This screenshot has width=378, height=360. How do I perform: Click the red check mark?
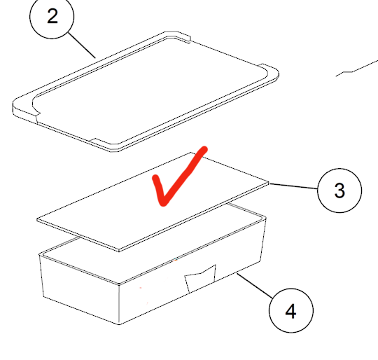point(179,176)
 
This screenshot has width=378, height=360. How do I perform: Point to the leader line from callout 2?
point(82,46)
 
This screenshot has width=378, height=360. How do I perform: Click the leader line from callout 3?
point(293,186)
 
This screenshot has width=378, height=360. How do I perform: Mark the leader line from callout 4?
point(255,286)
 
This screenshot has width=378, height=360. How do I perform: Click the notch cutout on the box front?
point(201,278)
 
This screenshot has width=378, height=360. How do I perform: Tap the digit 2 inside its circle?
point(52,16)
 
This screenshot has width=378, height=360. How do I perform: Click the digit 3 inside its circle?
point(339,191)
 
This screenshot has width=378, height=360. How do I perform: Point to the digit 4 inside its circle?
point(290,311)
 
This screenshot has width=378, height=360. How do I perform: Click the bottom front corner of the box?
point(119,324)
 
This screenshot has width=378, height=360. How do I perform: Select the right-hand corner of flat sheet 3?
point(269,182)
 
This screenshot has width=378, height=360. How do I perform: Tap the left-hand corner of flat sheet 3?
point(37,219)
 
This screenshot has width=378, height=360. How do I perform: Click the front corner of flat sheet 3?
point(119,251)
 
